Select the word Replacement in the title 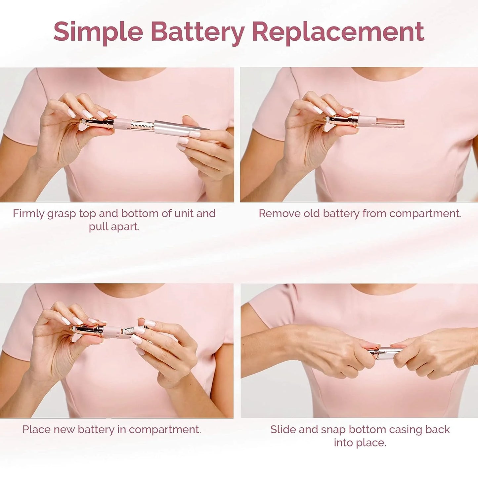[338, 32]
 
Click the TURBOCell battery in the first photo [141, 126]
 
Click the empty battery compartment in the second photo [390, 122]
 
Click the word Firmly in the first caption [28, 214]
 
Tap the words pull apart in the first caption [114, 227]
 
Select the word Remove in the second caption [280, 214]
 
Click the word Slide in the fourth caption [283, 430]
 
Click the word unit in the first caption [184, 214]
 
